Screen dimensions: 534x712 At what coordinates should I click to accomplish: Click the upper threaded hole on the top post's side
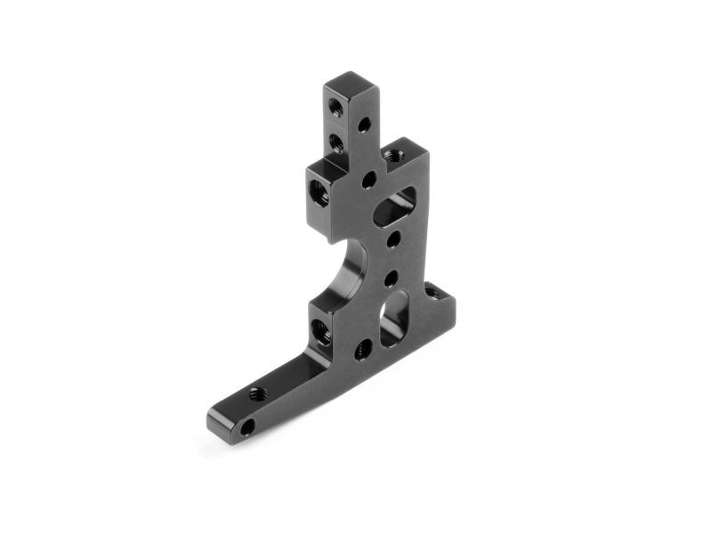point(335,107)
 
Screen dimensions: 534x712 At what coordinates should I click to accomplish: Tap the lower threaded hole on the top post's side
point(336,142)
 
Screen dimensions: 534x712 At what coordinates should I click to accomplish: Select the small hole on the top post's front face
point(364,125)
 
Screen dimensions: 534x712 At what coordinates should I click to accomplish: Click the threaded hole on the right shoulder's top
point(396,154)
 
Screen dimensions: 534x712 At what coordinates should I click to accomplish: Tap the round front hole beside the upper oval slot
point(368,180)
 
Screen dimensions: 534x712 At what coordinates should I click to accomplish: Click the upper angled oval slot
point(393,206)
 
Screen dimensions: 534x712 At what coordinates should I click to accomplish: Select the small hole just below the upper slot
point(392,239)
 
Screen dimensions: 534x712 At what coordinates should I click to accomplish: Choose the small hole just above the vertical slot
point(391,279)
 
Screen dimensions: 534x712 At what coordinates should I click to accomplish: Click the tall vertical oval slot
point(394,318)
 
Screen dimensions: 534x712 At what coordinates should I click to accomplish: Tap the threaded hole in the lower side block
point(320,333)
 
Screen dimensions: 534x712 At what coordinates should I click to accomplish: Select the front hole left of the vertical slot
point(363,349)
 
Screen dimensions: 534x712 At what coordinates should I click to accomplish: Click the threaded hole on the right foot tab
point(432,291)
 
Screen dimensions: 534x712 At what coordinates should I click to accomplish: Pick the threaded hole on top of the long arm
point(258,392)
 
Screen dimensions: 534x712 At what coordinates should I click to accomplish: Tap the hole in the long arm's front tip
point(247,427)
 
